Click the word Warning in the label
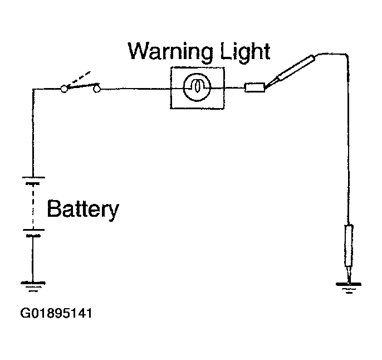pos(170,52)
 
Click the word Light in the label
pos(245,51)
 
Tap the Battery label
pos(83,209)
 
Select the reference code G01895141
pos(56,313)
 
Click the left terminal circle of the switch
pos(64,89)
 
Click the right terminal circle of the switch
pos(97,89)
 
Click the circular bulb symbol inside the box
pos(197,87)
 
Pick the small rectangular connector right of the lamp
pos(254,87)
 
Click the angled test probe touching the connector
pos(290,71)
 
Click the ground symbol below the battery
pos(33,286)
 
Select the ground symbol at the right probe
pos(349,288)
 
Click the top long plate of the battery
pos(33,177)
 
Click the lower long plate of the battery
pos(33,230)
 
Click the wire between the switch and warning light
pos(135,89)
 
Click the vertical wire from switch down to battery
pos(33,133)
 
